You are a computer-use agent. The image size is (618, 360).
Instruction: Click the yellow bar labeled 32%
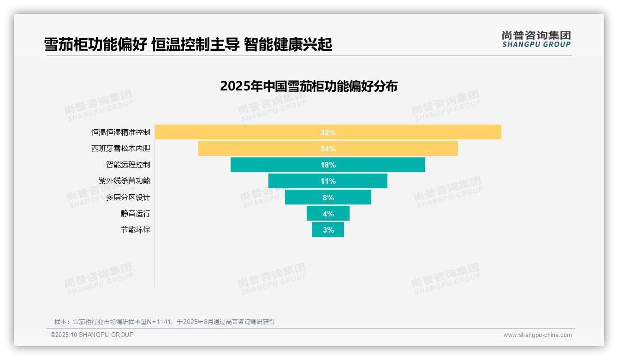pos(328,132)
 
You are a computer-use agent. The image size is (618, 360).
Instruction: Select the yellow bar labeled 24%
pos(328,149)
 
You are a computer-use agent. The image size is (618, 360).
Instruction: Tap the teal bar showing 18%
pos(328,165)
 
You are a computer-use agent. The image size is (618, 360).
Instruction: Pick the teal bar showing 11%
pos(328,181)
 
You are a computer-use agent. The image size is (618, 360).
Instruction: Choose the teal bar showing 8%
pos(328,198)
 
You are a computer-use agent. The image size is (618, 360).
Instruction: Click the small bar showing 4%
pos(328,214)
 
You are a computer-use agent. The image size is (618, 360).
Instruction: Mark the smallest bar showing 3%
pos(328,230)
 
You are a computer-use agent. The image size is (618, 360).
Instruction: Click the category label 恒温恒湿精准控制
pos(121,132)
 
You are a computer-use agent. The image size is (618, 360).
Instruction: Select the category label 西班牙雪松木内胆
pos(121,149)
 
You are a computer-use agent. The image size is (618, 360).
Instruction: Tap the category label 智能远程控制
pos(128,165)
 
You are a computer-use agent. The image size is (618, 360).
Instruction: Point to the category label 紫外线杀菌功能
pos(125,181)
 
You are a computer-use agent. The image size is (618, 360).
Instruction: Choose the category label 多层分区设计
pos(128,198)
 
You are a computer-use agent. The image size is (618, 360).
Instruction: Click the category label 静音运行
pos(136,214)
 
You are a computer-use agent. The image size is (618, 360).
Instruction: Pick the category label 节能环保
pos(136,230)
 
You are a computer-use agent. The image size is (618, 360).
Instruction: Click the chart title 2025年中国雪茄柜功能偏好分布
pos(309,86)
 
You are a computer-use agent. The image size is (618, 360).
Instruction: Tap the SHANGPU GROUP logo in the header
pos(536,39)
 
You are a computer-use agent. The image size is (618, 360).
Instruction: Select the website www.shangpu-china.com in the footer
pos(537,335)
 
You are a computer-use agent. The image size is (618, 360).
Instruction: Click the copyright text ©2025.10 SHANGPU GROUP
pos(92,335)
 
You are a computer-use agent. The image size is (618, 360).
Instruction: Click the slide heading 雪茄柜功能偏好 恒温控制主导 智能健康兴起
pos(188,45)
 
